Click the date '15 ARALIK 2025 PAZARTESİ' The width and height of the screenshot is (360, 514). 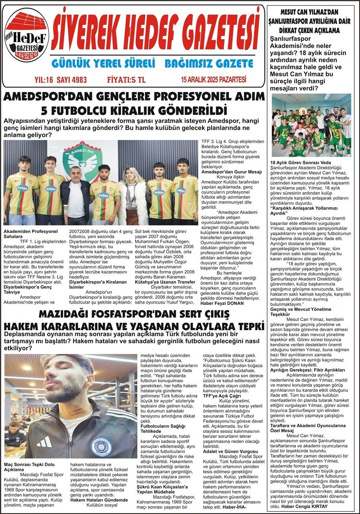point(214,80)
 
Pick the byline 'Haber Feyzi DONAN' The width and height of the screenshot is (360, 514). point(221,303)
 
